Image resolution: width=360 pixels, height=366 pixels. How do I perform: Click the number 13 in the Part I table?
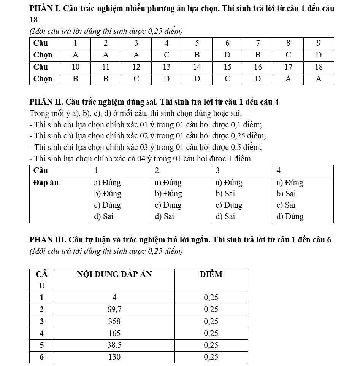(x=167, y=67)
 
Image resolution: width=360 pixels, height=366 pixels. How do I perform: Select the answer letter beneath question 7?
(x=258, y=55)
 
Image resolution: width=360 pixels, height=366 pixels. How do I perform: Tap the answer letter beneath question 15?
(x=227, y=79)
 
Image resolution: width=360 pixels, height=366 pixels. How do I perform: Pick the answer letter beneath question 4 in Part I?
(x=167, y=55)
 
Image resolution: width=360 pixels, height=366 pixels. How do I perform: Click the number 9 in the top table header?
(x=319, y=43)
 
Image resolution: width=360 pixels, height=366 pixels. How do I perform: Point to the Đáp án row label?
(x=46, y=183)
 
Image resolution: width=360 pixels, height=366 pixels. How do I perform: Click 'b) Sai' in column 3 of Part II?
(x=225, y=194)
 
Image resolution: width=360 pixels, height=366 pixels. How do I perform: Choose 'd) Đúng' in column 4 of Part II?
(x=290, y=216)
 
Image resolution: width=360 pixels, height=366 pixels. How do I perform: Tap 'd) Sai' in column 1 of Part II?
(x=104, y=216)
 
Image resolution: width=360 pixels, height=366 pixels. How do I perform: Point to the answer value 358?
(x=114, y=321)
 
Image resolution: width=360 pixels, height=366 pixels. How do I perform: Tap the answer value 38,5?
(x=114, y=345)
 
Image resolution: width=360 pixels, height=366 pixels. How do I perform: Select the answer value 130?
(x=114, y=357)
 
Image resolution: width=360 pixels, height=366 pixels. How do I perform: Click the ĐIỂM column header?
(x=211, y=274)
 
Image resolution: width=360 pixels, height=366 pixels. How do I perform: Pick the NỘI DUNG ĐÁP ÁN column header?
(x=114, y=274)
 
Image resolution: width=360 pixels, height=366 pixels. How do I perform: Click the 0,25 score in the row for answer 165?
(x=211, y=333)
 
